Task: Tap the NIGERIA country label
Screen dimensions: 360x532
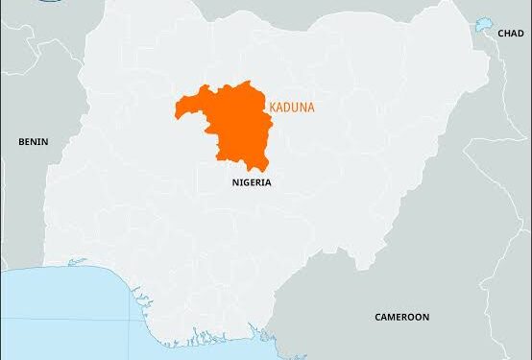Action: (x=252, y=180)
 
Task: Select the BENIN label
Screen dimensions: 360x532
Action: (x=33, y=141)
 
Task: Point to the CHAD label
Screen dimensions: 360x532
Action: (x=510, y=33)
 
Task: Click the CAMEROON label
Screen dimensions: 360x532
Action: (x=401, y=316)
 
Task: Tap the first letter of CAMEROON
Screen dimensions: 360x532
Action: (x=377, y=316)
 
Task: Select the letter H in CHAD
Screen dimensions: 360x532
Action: (x=506, y=33)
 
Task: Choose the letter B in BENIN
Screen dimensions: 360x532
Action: (x=21, y=141)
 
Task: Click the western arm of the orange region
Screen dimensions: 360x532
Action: (x=184, y=107)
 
